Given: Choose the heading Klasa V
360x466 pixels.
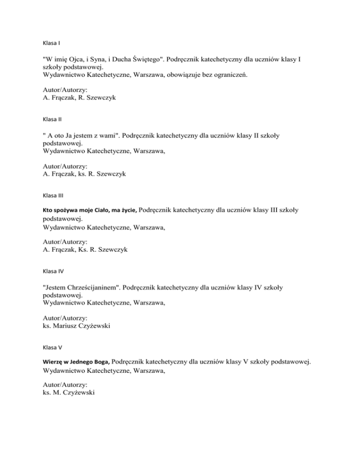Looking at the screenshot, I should [x=52, y=347].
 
